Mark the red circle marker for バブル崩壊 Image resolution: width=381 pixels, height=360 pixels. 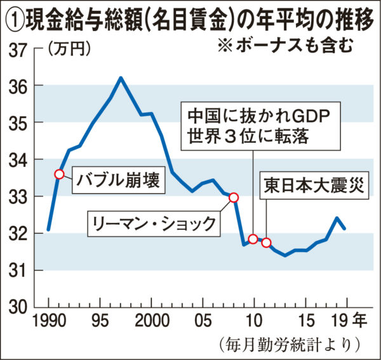pos(59,174)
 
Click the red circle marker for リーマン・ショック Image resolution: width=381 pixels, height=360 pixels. pos(233,197)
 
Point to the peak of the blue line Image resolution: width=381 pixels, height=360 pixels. pos(121,78)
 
